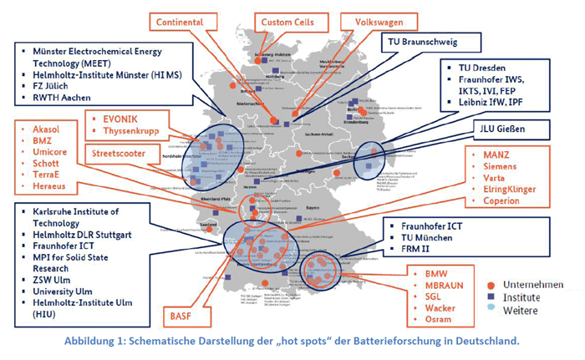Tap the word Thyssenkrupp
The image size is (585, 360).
click(134, 131)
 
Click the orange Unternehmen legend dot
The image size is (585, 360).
click(491, 285)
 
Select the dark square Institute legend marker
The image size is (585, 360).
click(491, 297)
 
